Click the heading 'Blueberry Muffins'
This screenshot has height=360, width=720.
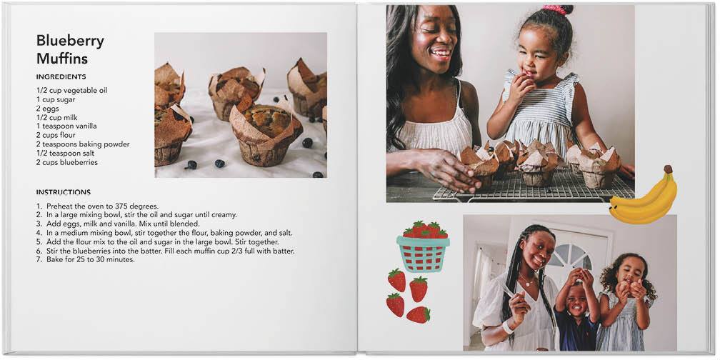click(70, 49)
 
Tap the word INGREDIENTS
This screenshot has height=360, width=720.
click(61, 76)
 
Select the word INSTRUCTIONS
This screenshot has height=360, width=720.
click(64, 192)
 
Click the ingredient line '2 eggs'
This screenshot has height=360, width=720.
click(48, 109)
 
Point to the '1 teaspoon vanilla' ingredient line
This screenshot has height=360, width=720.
click(66, 126)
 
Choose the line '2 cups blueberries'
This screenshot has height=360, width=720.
click(67, 162)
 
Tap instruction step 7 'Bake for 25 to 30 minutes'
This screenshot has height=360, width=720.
click(86, 260)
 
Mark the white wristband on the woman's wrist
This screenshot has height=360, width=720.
click(507, 327)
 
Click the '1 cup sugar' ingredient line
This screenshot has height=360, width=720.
click(56, 99)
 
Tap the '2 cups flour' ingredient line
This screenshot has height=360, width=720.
click(56, 135)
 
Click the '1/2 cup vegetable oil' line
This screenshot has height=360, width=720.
click(71, 91)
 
